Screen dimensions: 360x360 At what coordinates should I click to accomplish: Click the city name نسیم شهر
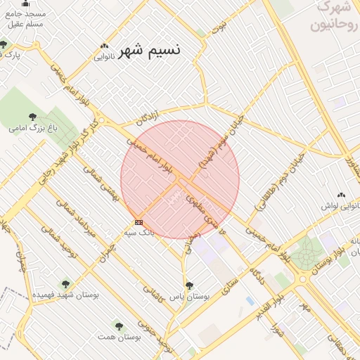148,51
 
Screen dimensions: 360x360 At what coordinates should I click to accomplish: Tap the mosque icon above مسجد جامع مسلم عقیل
26,3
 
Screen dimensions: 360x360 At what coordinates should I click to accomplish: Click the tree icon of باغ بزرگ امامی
32,117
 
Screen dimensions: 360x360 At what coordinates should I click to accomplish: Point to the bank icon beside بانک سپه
139,222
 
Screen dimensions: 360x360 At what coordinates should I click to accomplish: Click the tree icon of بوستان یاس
189,285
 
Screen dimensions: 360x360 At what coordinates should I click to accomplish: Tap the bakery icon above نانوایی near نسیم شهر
104,46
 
